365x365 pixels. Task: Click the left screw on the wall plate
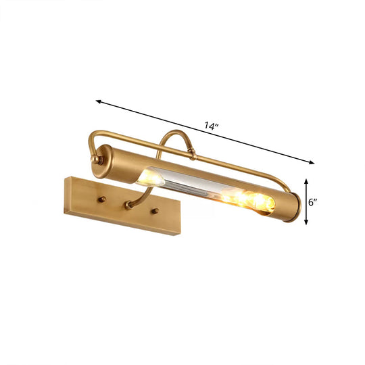point(104,199)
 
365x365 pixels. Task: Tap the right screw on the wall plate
point(156,212)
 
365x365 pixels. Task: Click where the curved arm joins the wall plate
point(128,205)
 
